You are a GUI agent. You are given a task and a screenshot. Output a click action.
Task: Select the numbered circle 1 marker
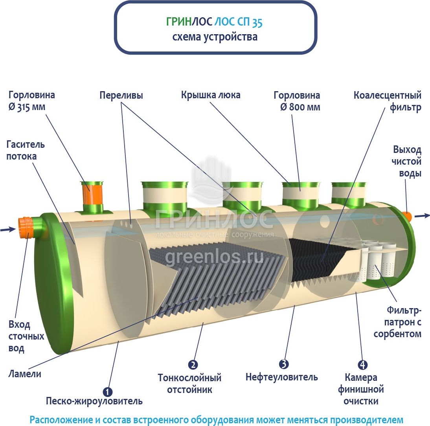(x=107, y=392)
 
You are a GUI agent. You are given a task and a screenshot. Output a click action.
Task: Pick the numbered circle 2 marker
(x=193, y=365)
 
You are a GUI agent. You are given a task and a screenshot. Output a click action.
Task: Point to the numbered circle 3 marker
(x=284, y=364)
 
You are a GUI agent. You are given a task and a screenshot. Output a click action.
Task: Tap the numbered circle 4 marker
(x=363, y=365)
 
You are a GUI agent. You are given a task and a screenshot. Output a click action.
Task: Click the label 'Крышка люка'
(x=211, y=95)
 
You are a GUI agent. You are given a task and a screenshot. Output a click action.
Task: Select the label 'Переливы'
(x=121, y=95)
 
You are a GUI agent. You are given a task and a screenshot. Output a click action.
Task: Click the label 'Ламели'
(x=25, y=374)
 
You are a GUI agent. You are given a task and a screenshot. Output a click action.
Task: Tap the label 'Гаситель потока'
(x=26, y=150)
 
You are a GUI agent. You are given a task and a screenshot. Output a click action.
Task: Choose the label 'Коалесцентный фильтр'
(x=388, y=101)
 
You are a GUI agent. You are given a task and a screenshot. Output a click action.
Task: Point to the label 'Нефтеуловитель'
(x=281, y=377)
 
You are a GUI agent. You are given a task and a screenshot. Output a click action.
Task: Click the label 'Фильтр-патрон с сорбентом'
(x=397, y=323)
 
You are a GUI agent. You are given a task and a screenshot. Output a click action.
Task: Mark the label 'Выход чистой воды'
(x=407, y=161)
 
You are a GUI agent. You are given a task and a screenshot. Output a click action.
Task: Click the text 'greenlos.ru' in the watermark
(x=214, y=257)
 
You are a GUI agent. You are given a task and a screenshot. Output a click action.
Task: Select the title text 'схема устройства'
(x=215, y=37)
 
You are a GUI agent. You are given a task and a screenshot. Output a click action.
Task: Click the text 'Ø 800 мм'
(x=300, y=107)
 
